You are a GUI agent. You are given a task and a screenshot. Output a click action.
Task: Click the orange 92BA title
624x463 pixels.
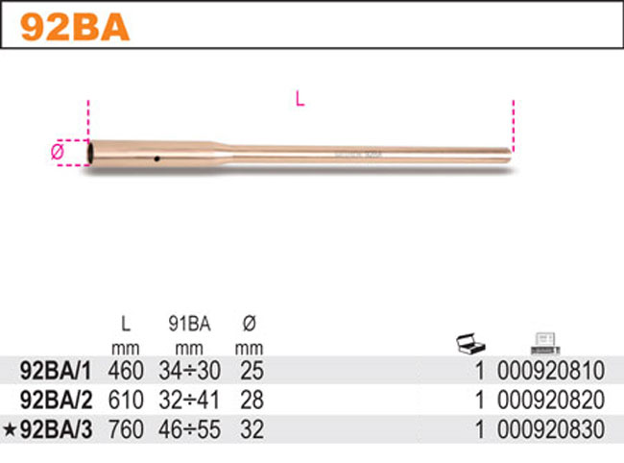click(x=75, y=27)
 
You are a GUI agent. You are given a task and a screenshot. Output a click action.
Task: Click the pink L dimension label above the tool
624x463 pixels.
click(x=300, y=99)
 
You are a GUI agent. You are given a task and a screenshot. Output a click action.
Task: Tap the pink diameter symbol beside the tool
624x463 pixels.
click(x=58, y=152)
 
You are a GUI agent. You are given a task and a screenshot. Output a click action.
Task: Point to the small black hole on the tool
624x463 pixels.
click(x=157, y=158)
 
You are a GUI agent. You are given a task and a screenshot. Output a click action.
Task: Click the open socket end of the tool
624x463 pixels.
click(x=91, y=152)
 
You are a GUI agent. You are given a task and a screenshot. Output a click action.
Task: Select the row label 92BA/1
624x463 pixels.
click(x=56, y=371)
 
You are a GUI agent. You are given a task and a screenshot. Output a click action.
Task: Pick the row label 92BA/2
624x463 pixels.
click(x=56, y=400)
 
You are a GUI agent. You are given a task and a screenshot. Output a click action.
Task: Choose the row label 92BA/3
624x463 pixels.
click(x=56, y=429)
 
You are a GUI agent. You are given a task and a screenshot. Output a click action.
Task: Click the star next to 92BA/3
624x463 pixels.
click(x=9, y=430)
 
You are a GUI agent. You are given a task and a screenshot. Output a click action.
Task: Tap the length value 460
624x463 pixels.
click(x=126, y=371)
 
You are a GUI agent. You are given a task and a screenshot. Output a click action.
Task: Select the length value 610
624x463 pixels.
click(x=126, y=400)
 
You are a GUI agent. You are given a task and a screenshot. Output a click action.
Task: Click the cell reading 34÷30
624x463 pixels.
click(x=189, y=371)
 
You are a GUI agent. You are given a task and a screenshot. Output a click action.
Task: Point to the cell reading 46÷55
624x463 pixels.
click(x=189, y=429)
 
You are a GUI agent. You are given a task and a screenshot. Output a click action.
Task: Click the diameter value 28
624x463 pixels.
click(x=252, y=400)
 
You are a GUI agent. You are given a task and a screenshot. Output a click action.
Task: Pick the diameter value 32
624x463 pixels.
click(x=252, y=429)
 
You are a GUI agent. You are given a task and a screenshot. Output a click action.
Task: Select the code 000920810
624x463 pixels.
click(x=551, y=371)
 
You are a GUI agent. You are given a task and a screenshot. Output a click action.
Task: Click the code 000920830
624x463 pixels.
click(x=551, y=429)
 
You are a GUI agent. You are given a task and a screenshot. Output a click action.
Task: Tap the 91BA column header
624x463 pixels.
click(x=189, y=324)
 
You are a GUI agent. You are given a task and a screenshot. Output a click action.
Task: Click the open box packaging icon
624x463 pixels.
click(x=470, y=344)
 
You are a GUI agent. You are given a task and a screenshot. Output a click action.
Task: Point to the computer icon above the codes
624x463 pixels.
click(x=545, y=344)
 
